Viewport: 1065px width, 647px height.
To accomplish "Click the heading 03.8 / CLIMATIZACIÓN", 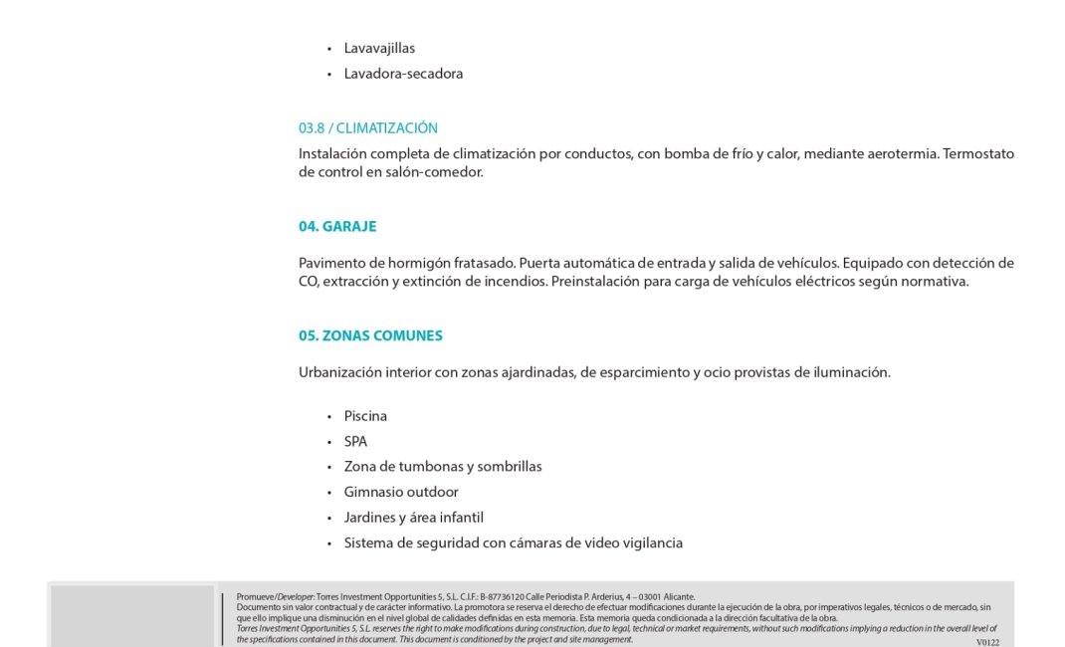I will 367,128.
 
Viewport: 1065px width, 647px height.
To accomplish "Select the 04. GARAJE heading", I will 337,226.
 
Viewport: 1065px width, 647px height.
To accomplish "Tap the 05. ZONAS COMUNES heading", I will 370,335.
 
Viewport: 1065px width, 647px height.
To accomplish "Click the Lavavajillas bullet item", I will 379,48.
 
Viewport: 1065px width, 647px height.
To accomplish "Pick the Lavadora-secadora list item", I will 403,74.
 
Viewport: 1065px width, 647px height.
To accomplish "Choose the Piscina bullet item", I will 365,416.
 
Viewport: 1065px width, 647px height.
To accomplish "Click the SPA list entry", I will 355,441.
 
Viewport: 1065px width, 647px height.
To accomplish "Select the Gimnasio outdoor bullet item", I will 401,492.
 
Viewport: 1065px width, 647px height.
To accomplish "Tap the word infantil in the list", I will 456,518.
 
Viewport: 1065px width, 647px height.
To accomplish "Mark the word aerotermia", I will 902,154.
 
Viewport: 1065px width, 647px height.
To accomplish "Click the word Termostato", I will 978,154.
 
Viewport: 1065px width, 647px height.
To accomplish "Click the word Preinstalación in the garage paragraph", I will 596,282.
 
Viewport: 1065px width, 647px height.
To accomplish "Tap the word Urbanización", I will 339,372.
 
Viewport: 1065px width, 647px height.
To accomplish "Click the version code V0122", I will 987,642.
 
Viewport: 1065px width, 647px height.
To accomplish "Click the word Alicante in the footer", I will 679,597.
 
